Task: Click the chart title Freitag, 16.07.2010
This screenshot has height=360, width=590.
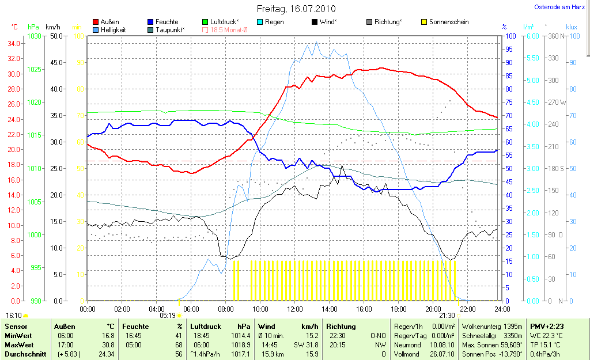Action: (x=296, y=9)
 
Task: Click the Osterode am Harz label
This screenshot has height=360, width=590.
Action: (x=559, y=7)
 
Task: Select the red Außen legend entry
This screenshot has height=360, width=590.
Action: (x=109, y=22)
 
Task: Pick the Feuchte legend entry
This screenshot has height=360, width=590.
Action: (x=167, y=22)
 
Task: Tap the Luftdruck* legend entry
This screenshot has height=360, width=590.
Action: (x=225, y=22)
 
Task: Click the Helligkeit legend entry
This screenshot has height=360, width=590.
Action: (x=113, y=29)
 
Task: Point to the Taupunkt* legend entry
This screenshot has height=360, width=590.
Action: (x=169, y=29)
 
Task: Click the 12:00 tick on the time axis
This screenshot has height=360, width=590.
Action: (x=294, y=309)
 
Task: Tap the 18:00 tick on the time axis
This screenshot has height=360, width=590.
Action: (x=398, y=309)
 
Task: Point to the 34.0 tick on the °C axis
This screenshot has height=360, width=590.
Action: (x=13, y=43)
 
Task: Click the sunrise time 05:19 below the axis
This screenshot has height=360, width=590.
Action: (x=167, y=316)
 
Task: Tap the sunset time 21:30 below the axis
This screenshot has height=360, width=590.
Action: (x=447, y=316)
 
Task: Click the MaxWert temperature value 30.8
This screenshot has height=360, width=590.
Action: (x=108, y=344)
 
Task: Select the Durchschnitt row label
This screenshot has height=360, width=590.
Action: (x=25, y=354)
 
